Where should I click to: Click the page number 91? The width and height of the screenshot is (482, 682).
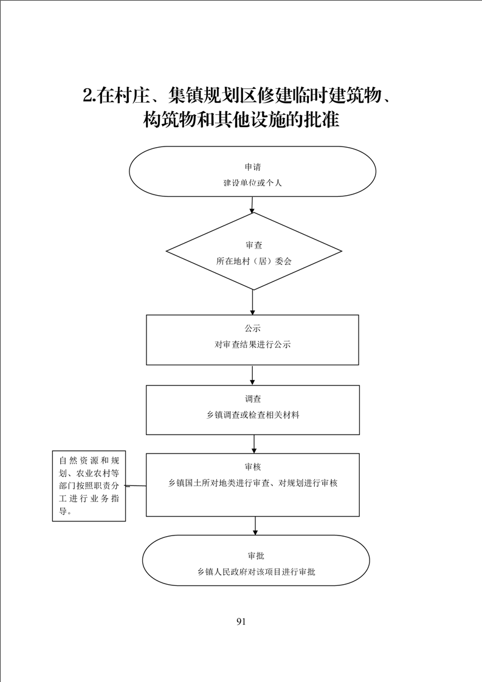coord(241,622)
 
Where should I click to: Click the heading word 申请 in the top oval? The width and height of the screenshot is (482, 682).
coord(253,167)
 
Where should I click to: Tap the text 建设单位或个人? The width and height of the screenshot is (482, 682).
coord(253,183)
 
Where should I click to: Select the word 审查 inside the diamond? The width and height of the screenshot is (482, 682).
coord(253,246)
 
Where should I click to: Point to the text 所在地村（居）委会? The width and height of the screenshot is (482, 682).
coord(253,261)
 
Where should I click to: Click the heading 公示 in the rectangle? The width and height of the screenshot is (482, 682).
coord(253,328)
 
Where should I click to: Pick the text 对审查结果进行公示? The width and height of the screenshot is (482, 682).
coord(253,345)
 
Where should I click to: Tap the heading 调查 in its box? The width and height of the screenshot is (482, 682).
coord(253,399)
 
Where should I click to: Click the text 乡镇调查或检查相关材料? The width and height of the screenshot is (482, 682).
coord(253,415)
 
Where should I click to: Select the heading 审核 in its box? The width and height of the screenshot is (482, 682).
coord(253,467)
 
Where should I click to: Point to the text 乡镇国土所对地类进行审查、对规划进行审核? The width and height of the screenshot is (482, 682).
coord(253,483)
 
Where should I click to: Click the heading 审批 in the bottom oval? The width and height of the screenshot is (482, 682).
coord(256,556)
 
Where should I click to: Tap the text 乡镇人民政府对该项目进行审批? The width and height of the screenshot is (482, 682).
coord(256,572)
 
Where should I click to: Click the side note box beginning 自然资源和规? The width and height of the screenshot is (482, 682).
coord(89,486)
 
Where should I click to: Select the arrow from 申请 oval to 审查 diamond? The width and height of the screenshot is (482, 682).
coord(252,205)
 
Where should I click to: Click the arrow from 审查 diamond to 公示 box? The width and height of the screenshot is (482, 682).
coord(252,302)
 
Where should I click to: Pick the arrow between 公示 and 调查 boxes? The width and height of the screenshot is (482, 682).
coord(252,376)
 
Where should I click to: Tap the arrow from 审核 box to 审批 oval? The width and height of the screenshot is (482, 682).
coord(255,526)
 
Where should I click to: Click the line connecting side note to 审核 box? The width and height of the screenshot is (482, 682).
coord(136,486)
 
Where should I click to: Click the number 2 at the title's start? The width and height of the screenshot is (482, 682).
coord(88,96)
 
